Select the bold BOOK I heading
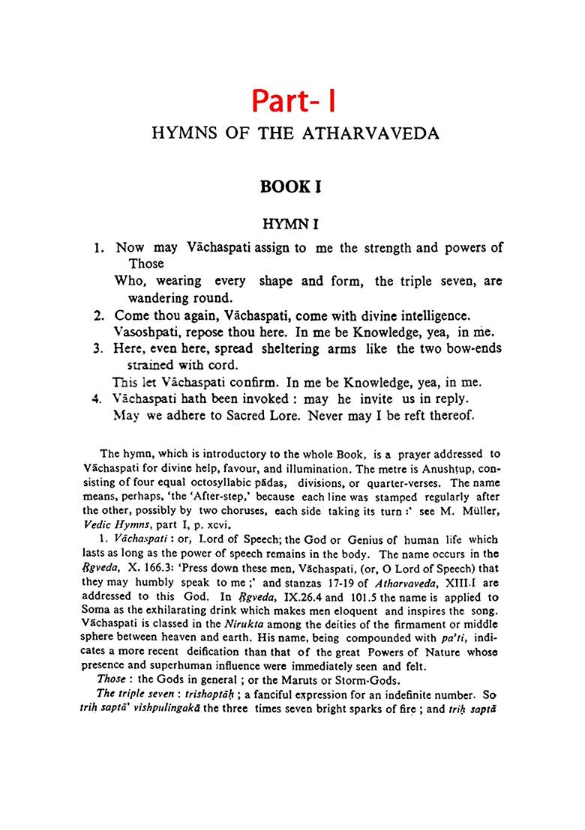click(x=291, y=187)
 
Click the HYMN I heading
click(x=291, y=223)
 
